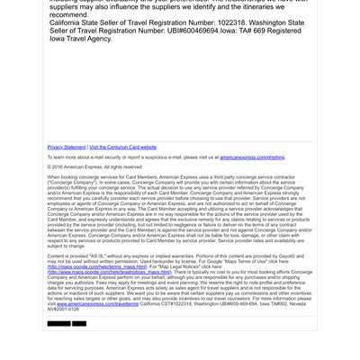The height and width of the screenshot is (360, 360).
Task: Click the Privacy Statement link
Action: coord(66,147)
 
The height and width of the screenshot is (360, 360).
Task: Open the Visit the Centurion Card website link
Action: coord(122,147)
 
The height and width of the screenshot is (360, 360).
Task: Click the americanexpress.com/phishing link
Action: coord(252,157)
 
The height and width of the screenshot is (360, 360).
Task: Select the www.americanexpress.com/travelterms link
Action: coord(98,304)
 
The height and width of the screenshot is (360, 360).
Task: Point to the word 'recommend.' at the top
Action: coord(69,15)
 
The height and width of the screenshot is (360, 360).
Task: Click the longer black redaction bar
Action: coord(58,323)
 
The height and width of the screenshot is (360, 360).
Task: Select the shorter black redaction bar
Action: coord(79,323)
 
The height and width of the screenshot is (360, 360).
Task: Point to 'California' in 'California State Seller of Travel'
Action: coord(70,22)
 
